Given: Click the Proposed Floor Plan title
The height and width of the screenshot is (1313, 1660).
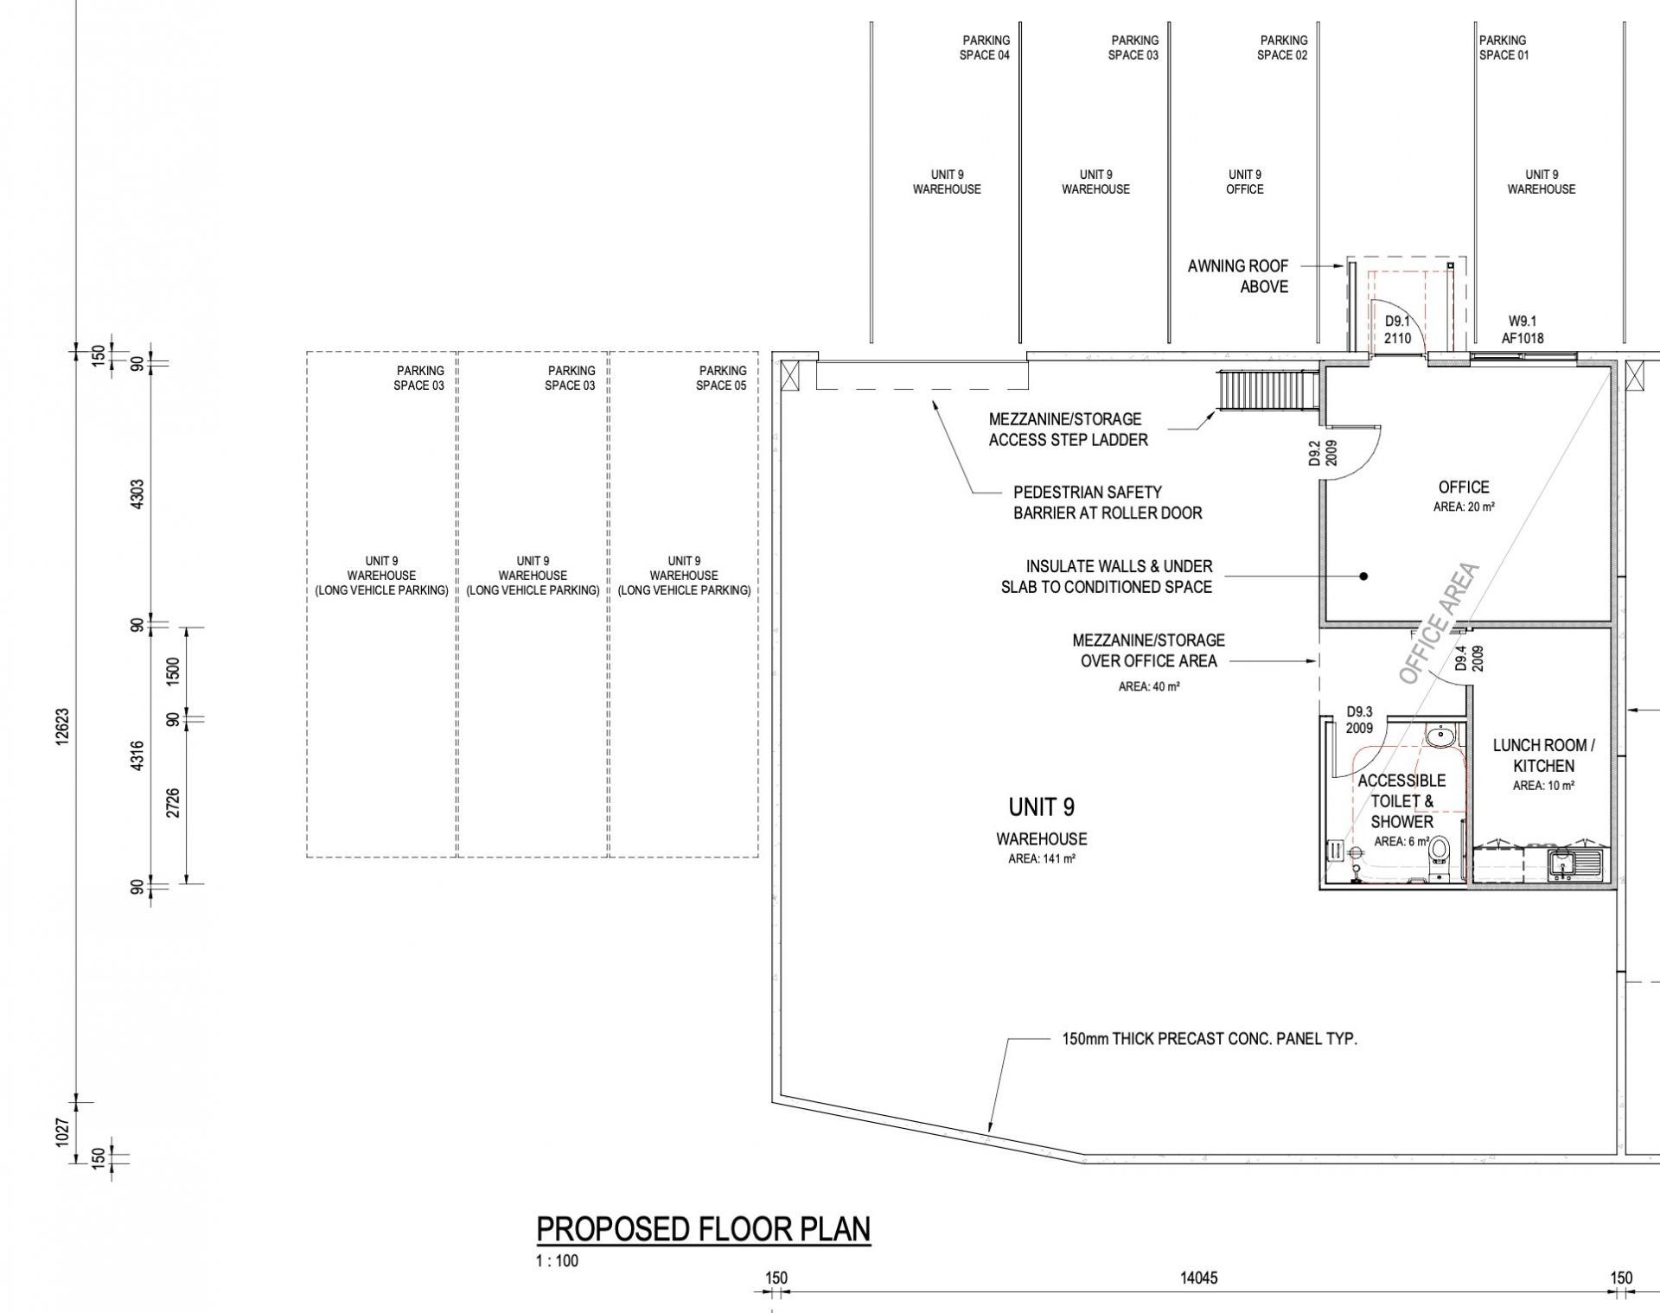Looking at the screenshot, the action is click(x=704, y=1229).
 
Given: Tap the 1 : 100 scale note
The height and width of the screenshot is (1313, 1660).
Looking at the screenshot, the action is click(x=558, y=1260).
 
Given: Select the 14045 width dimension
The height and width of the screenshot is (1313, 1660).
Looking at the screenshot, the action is click(x=1198, y=1278).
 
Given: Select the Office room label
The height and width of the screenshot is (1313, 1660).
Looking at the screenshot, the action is click(x=1464, y=488).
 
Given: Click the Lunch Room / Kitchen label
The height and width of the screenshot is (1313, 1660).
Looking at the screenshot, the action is click(x=1544, y=755).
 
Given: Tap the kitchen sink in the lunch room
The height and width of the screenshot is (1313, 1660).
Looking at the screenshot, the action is click(x=1574, y=864).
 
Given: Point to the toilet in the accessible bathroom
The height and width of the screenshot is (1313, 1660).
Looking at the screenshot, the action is click(x=1440, y=851).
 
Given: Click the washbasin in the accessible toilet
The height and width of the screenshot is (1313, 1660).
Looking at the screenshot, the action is click(x=1440, y=737).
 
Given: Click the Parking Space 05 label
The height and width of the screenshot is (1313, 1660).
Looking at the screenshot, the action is click(x=722, y=379).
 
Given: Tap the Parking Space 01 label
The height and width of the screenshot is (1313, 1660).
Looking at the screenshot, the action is click(x=1504, y=48).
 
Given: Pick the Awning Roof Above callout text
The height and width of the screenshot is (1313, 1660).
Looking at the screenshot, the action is click(x=1238, y=277).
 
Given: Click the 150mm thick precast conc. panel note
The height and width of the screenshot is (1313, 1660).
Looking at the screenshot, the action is click(x=1210, y=1039).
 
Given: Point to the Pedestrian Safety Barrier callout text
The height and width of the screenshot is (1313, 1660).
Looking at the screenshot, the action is click(x=1108, y=502).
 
